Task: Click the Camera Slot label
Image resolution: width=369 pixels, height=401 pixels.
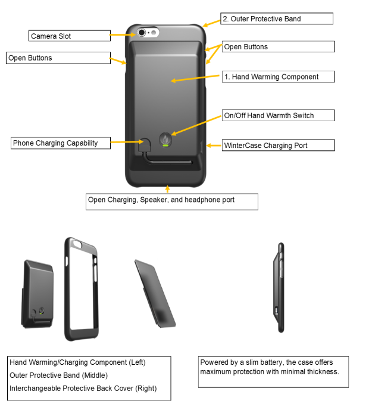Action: (69, 36)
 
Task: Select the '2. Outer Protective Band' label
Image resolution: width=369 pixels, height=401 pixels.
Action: (276, 18)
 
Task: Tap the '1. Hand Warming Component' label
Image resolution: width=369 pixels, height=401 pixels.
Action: (277, 77)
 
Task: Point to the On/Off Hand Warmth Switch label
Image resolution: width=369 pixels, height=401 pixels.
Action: (277, 115)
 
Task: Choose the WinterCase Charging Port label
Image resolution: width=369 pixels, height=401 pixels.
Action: (277, 145)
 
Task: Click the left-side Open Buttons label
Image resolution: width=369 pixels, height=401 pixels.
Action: (58, 58)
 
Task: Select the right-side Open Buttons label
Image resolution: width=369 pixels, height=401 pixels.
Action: (278, 47)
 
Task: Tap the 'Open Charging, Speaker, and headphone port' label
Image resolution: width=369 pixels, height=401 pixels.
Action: (171, 200)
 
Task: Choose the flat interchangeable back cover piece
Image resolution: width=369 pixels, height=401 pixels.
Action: (156, 293)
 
